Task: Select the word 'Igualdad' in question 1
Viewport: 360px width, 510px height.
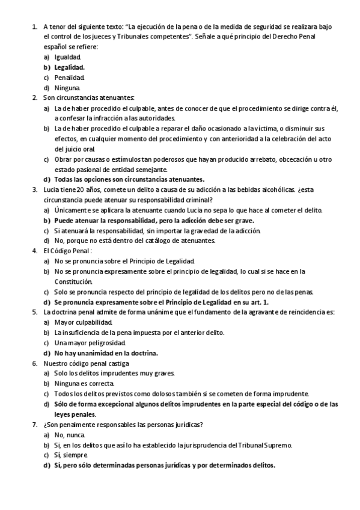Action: (x=67, y=57)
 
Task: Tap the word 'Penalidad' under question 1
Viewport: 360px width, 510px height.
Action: (x=69, y=78)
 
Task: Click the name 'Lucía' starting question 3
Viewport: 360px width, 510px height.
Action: (x=51, y=189)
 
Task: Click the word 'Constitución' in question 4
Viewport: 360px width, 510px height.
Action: (x=73, y=281)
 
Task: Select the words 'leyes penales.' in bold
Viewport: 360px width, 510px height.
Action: (x=75, y=414)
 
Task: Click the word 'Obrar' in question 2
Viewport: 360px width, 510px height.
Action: (x=63, y=159)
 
